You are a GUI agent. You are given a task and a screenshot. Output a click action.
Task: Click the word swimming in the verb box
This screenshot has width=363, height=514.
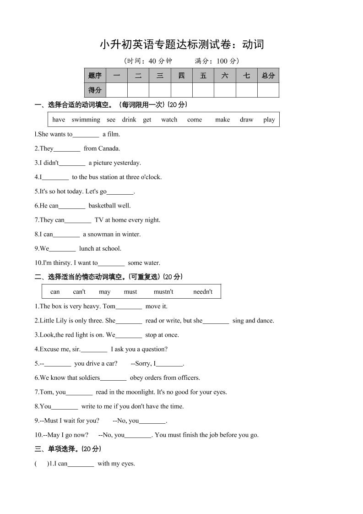tap(86, 120)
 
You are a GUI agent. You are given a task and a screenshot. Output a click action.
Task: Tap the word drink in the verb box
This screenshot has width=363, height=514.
tap(129, 120)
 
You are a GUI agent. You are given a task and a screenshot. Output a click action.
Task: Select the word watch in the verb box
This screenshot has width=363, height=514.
tap(169, 120)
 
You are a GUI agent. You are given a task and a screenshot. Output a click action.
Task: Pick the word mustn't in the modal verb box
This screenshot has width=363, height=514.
tap(163, 292)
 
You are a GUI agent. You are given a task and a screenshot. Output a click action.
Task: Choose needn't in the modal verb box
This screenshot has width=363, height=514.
tap(203, 292)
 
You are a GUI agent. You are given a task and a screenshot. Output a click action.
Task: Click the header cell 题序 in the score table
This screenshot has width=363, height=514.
tap(95, 76)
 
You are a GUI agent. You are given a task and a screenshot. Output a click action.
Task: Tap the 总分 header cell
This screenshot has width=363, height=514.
tap(268, 76)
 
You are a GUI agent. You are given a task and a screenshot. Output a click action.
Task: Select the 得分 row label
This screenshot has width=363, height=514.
tap(95, 90)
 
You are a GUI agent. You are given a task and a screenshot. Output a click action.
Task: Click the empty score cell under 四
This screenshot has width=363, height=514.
tap(182, 90)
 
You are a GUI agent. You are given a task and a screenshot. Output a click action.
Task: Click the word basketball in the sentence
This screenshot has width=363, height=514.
tap(103, 206)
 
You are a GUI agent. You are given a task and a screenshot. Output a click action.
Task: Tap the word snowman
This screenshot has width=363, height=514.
tap(98, 234)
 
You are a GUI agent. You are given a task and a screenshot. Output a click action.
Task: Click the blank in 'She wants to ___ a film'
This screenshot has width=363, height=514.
tap(86, 135)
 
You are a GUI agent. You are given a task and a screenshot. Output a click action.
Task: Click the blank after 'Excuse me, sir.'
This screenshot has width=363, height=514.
tap(94, 350)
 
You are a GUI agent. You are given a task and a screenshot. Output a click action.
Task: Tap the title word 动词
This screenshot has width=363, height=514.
tap(253, 44)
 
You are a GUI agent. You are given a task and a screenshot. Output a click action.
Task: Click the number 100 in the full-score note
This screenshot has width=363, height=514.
tap(222, 61)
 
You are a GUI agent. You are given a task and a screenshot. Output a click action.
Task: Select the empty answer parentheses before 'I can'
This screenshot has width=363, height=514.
tap(41, 464)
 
